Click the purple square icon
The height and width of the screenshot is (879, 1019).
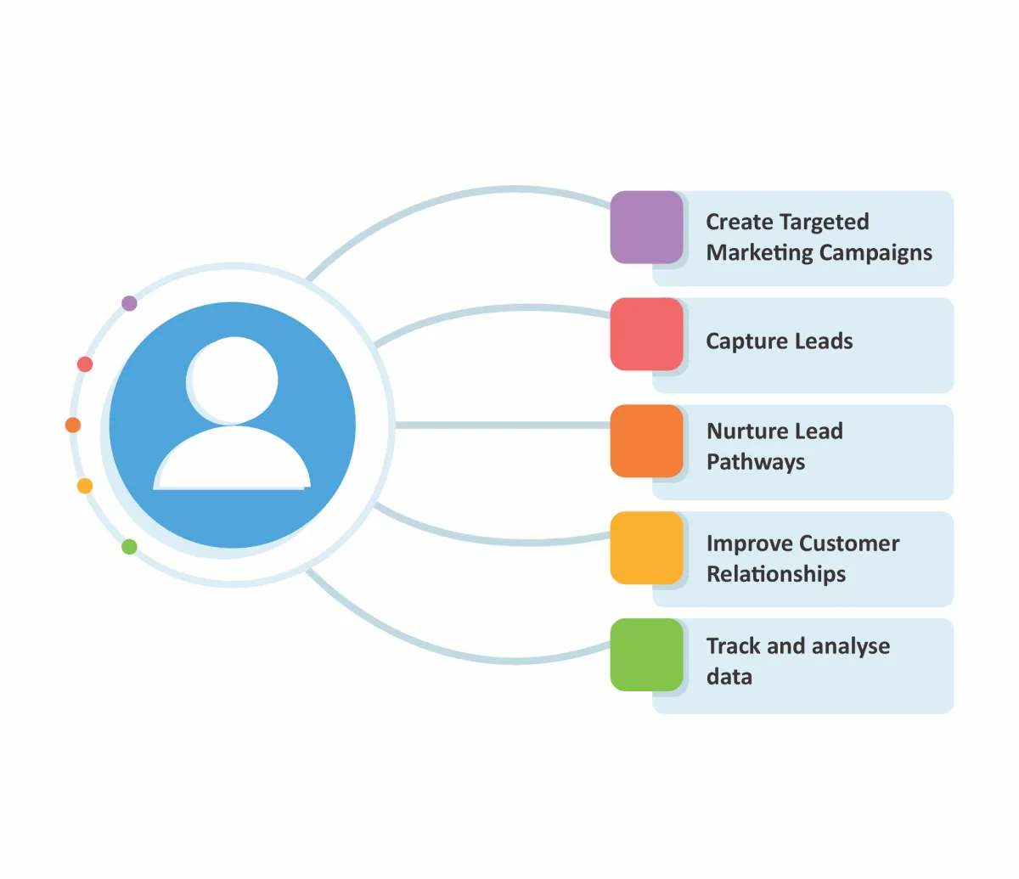(646, 227)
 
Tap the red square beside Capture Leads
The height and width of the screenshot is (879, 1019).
(646, 334)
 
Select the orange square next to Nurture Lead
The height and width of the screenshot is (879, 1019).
(646, 441)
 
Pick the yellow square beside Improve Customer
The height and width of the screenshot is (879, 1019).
(646, 548)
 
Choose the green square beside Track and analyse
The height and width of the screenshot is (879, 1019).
(646, 655)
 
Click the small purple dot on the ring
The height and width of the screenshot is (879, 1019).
(129, 303)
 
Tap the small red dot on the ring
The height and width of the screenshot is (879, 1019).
(85, 364)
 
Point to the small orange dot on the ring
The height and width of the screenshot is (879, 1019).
(73, 425)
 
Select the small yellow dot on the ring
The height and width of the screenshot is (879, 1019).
(85, 486)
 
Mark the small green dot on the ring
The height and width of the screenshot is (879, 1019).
(129, 547)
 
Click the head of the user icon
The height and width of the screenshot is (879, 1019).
(233, 380)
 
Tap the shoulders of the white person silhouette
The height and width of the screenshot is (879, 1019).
(232, 462)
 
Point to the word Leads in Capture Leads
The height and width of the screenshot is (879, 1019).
(821, 341)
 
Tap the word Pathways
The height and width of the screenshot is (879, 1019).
(756, 463)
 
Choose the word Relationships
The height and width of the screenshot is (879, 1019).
(776, 575)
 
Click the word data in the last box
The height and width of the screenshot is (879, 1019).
(729, 677)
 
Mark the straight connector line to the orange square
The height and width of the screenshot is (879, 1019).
(501, 425)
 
